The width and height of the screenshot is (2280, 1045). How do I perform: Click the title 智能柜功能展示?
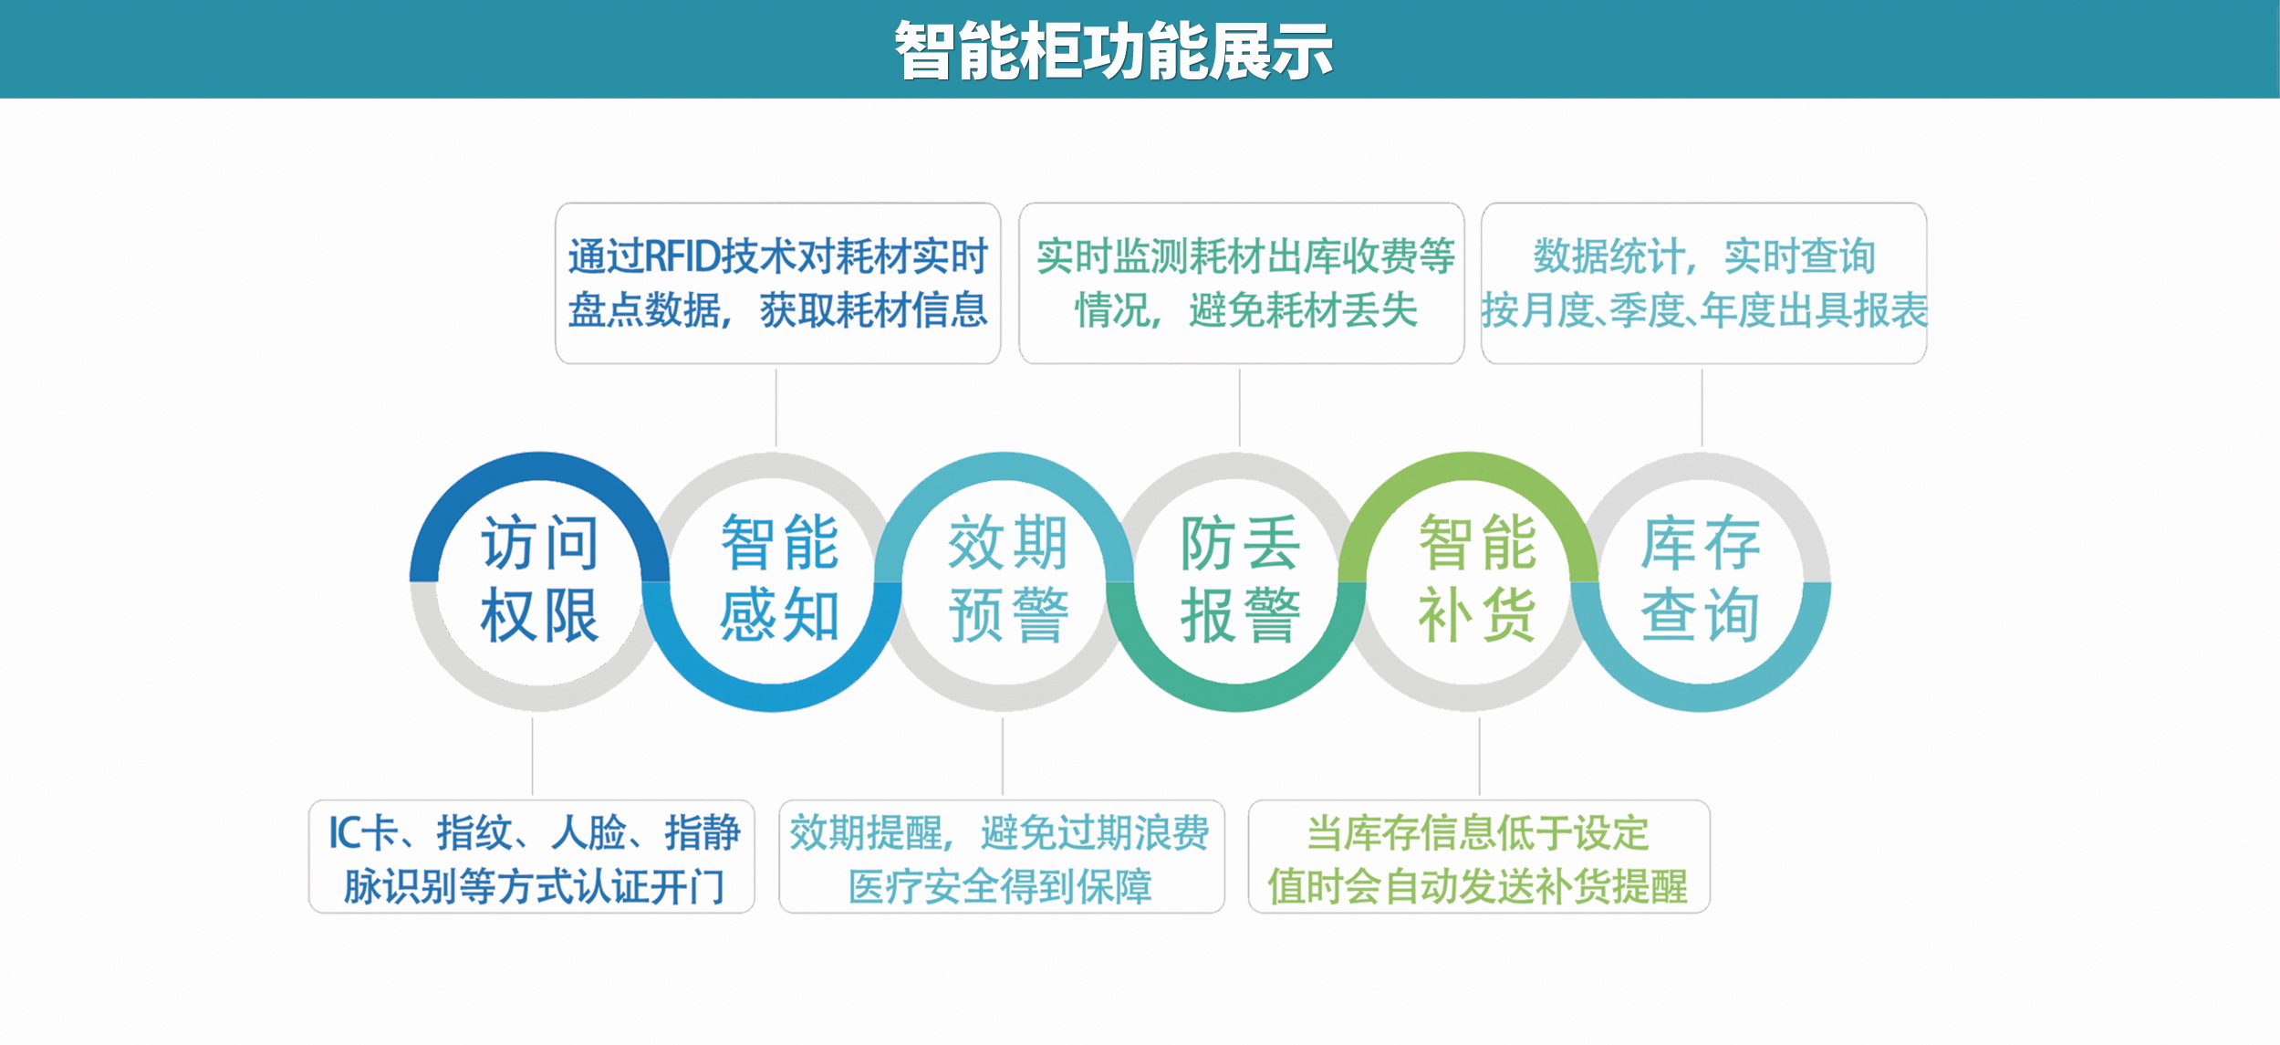pos(1113,51)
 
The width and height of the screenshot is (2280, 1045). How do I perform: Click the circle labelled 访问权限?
pos(539,580)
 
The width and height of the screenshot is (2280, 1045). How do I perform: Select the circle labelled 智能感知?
pos(777,580)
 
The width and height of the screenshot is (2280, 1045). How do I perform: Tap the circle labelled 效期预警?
pos(1006,580)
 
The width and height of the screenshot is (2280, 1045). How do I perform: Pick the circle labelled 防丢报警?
pos(1238,580)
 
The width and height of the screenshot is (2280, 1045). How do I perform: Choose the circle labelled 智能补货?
pos(1475,580)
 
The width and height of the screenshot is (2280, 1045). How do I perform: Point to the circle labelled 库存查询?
pos(1700,580)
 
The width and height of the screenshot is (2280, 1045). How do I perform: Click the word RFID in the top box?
pos(682,256)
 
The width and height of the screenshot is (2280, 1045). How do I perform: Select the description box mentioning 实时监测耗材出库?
pos(1241,283)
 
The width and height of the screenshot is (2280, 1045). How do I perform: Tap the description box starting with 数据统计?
pos(1703,283)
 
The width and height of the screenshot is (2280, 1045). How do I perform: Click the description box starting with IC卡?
pos(532,857)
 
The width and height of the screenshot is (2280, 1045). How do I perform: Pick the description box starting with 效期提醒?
pos(1001,857)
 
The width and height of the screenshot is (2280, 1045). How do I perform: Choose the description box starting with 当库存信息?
pos(1478,857)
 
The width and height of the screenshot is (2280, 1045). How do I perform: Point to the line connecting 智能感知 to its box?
pos(776,407)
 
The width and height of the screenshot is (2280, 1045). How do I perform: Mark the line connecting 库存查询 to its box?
pos(1702,407)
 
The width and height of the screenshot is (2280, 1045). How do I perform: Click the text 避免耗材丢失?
pos(1303,311)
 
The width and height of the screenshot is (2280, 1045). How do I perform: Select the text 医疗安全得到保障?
pos(1000,886)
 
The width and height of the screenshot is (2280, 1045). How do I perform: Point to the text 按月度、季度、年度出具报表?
pos(1703,311)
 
